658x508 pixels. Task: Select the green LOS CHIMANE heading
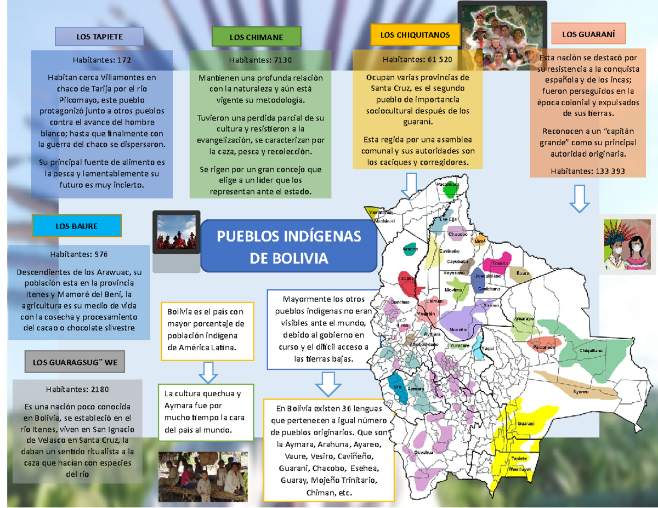256,37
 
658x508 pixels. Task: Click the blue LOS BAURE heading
77,226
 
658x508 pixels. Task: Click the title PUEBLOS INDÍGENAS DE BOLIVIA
289,247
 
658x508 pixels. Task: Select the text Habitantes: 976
79,254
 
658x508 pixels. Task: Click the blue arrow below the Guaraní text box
580,198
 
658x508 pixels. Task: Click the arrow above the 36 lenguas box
328,384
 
